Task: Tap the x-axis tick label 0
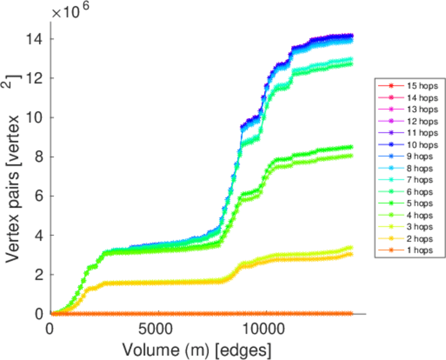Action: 50,329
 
